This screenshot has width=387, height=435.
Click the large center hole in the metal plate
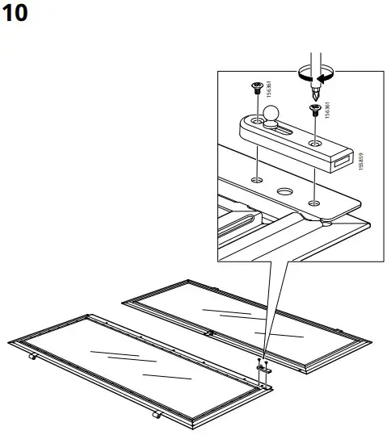pyautogui.click(x=284, y=192)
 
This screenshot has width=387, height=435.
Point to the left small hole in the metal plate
pyautogui.click(x=255, y=178)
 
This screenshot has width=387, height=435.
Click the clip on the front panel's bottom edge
pyautogui.click(x=156, y=416)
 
